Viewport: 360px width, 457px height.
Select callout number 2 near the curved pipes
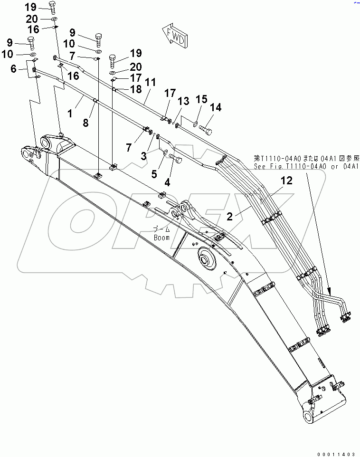pyautogui.click(x=229, y=203)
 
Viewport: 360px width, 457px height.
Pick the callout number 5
pyautogui.click(x=154, y=174)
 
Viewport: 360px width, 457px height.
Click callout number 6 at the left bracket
pyautogui.click(x=14, y=69)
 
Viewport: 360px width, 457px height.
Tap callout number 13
pyautogui.click(x=183, y=101)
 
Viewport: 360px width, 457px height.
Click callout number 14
pyautogui.click(x=216, y=108)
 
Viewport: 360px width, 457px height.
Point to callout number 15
pyautogui.click(x=201, y=99)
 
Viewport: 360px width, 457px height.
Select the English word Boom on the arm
pyautogui.click(x=161, y=238)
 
